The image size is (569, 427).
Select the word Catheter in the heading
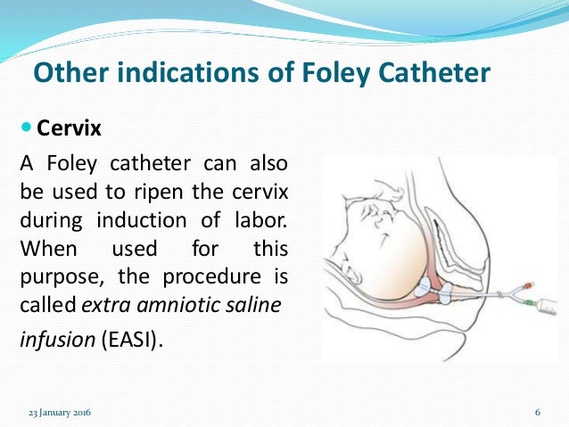click(435, 70)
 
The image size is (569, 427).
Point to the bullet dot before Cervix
click(25, 128)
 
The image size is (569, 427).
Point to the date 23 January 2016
click(61, 412)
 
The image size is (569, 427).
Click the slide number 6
click(539, 412)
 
